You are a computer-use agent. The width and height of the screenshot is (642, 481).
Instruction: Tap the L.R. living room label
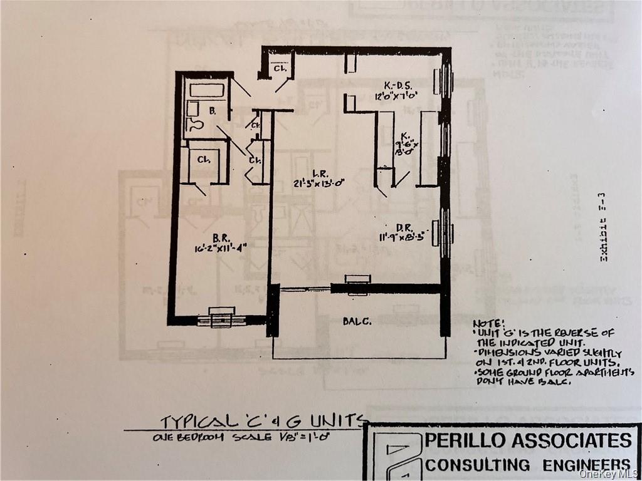[318, 173]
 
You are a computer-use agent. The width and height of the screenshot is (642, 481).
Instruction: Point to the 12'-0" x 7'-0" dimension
[397, 96]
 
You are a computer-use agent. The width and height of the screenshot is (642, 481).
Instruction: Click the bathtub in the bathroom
[207, 90]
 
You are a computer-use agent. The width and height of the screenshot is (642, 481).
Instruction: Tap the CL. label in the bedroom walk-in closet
[204, 159]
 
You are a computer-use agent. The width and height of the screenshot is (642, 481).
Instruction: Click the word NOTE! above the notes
[488, 322]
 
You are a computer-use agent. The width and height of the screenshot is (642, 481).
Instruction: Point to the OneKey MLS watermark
[608, 473]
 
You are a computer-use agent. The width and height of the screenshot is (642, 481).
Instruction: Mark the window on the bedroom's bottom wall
[222, 318]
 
